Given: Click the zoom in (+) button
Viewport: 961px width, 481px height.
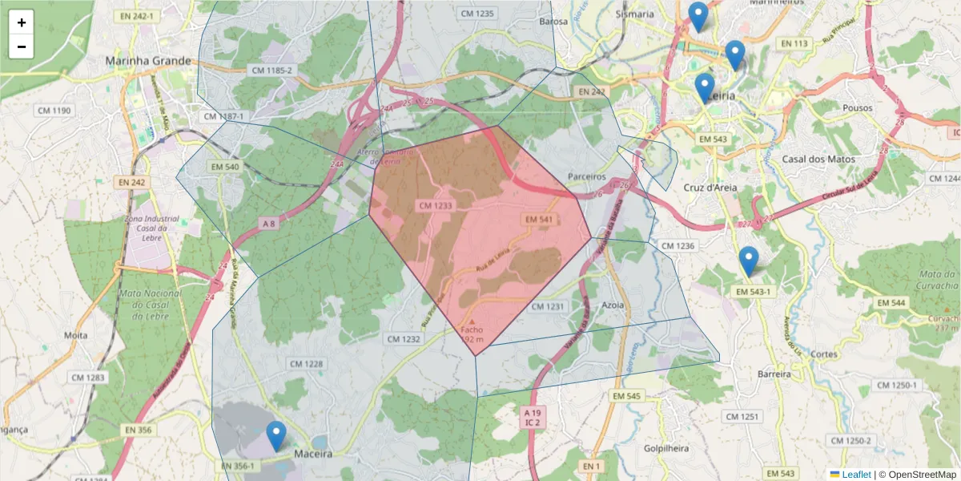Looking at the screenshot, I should (22, 22).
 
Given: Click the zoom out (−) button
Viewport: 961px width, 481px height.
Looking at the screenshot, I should (22, 46).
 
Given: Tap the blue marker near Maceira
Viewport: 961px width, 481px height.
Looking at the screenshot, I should (276, 436).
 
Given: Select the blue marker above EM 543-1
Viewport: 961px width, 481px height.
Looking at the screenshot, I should (748, 261).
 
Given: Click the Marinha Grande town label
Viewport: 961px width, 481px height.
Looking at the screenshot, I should (149, 61).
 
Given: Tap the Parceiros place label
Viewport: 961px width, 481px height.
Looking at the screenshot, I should (586, 176).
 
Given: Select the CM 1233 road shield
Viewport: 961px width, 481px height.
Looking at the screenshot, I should (436, 206).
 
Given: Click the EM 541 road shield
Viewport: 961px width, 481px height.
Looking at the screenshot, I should (541, 219).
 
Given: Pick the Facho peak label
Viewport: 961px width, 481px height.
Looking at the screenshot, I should (472, 329).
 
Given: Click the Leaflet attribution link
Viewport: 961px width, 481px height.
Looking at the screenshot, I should (856, 475).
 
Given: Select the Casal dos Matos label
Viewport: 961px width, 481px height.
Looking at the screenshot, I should (818, 160).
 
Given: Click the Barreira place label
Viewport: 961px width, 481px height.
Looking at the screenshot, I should (774, 374).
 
